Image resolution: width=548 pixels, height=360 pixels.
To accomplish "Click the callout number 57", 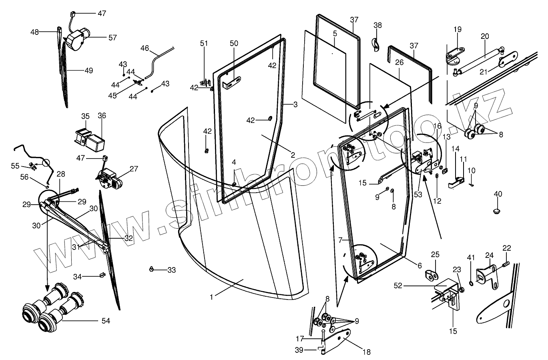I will pyautogui.click(x=112, y=37).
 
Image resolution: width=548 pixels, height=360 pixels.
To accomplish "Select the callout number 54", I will pyautogui.click(x=106, y=320).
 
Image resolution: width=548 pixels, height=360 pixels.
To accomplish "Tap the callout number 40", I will pyautogui.click(x=498, y=194).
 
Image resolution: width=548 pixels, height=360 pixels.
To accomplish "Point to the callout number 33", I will pyautogui.click(x=171, y=270).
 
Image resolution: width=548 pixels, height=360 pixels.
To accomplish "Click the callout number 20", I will pyautogui.click(x=485, y=36).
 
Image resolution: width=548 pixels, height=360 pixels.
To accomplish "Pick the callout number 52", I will pyautogui.click(x=398, y=286).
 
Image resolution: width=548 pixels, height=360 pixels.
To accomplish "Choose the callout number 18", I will pyautogui.click(x=367, y=352).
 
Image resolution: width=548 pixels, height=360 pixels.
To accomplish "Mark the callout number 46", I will pyautogui.click(x=145, y=48).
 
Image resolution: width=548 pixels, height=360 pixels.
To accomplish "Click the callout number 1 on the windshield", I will pyautogui.click(x=211, y=297).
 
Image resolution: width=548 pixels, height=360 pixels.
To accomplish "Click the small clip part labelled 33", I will pyautogui.click(x=152, y=268).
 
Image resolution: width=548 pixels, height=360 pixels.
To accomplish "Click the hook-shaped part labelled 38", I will pyautogui.click(x=376, y=45).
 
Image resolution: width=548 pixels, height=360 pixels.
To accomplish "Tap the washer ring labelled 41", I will pyautogui.click(x=471, y=284).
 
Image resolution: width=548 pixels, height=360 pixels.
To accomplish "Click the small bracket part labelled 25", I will pyautogui.click(x=431, y=276).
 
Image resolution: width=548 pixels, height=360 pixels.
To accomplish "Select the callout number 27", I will pyautogui.click(x=134, y=169).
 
